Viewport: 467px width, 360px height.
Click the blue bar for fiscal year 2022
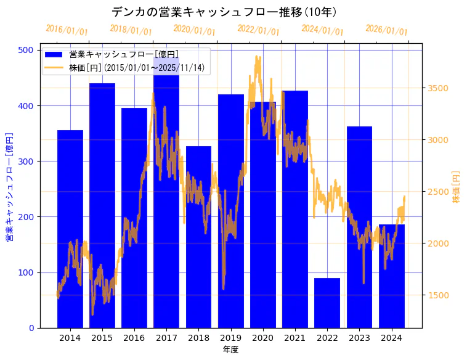(x=327, y=303)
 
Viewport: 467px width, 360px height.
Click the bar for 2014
(x=70, y=229)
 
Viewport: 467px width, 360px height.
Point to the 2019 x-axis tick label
(x=231, y=338)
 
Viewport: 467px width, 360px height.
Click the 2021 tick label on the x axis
(x=295, y=338)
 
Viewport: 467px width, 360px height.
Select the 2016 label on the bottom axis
(x=134, y=338)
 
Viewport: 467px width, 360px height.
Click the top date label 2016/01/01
(x=67, y=30)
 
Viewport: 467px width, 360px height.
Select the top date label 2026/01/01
(x=386, y=30)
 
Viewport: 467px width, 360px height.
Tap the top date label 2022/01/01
(x=259, y=30)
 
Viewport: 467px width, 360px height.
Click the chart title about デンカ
(x=224, y=12)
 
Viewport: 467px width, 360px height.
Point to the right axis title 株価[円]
(x=457, y=187)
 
